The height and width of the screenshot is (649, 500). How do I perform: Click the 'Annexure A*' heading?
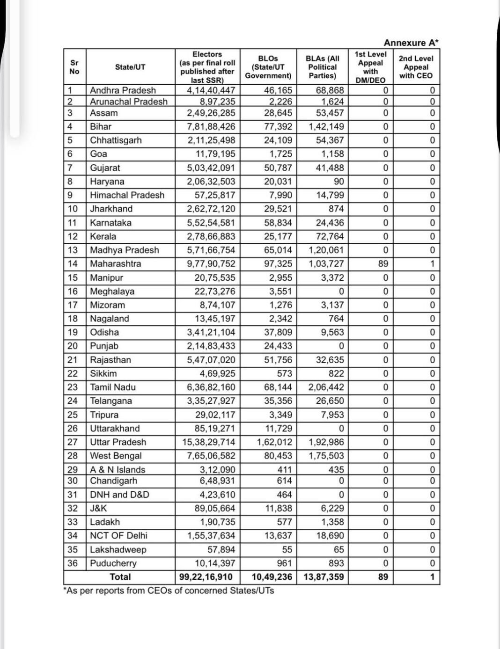tap(411, 43)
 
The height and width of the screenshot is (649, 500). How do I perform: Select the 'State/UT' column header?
tap(130, 67)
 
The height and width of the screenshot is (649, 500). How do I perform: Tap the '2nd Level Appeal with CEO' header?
tap(416, 67)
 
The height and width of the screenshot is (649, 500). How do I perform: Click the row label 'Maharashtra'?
tap(115, 264)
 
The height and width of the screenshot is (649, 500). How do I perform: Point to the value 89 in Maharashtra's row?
tap(383, 264)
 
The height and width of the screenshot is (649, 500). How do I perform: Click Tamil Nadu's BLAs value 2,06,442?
tap(326, 387)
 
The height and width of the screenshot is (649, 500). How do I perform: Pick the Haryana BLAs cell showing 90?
tap(338, 182)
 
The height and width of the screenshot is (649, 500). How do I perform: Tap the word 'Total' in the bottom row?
tap(120, 577)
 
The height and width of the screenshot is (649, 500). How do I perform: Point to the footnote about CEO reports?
tap(169, 591)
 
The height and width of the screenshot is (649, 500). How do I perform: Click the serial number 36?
tap(73, 563)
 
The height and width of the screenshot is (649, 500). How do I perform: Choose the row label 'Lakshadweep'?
tap(118, 550)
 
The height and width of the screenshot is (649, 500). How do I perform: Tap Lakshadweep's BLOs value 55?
tap(287, 550)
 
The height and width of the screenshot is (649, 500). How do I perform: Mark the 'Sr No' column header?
tap(74, 67)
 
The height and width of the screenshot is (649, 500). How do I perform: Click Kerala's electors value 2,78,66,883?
tap(211, 237)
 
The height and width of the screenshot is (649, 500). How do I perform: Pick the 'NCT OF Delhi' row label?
tap(118, 536)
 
